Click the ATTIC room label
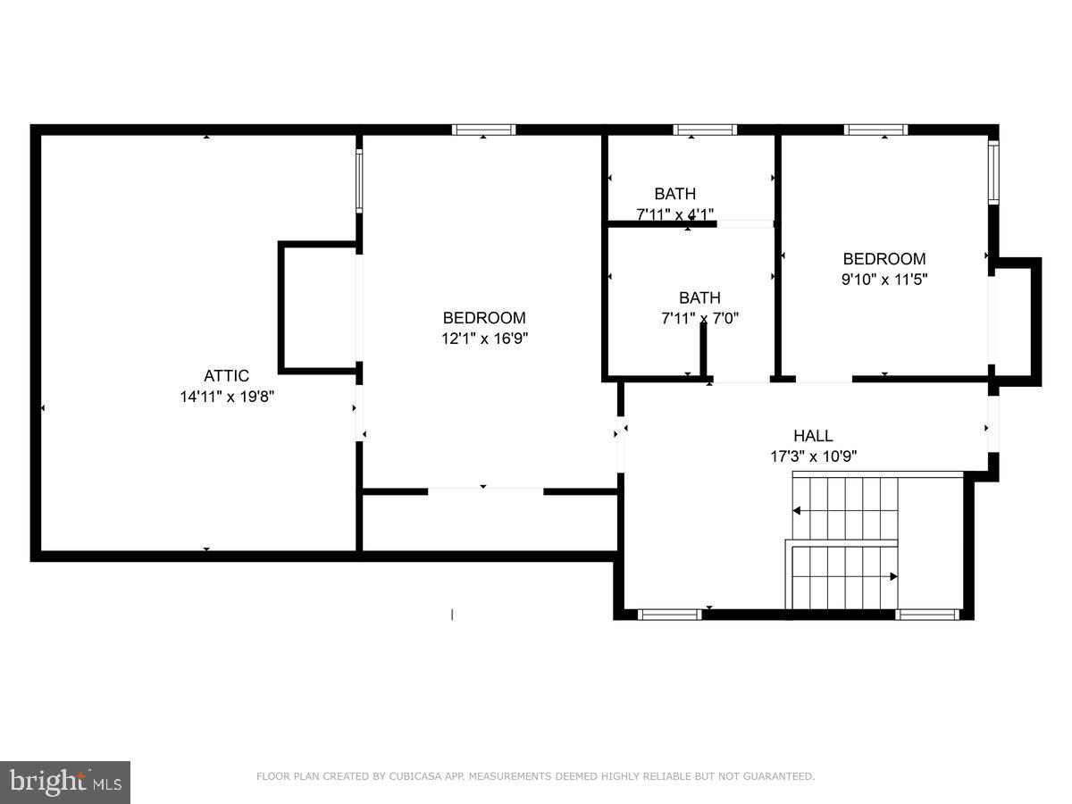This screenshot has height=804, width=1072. [x=226, y=376]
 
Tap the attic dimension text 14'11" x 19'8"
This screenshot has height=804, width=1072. [x=226, y=397]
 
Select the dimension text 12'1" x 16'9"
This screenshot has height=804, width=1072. [x=484, y=339]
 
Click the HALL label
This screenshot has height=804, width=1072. [x=813, y=436]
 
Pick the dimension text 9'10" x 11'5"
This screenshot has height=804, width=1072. [x=884, y=280]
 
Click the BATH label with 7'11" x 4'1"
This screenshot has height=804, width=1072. [x=674, y=194]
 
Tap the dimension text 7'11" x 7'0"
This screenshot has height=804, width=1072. [x=699, y=318]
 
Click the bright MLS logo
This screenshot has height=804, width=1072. [x=65, y=783]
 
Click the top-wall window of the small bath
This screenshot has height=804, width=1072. [x=705, y=130]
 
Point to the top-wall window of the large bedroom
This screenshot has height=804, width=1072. [x=483, y=130]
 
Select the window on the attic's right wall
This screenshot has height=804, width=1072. [x=359, y=180]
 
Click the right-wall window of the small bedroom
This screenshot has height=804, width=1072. [x=992, y=172]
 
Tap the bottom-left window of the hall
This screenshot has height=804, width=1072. [x=670, y=615]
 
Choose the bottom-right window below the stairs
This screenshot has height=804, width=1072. [x=927, y=615]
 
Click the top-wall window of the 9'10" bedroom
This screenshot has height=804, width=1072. [x=876, y=130]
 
